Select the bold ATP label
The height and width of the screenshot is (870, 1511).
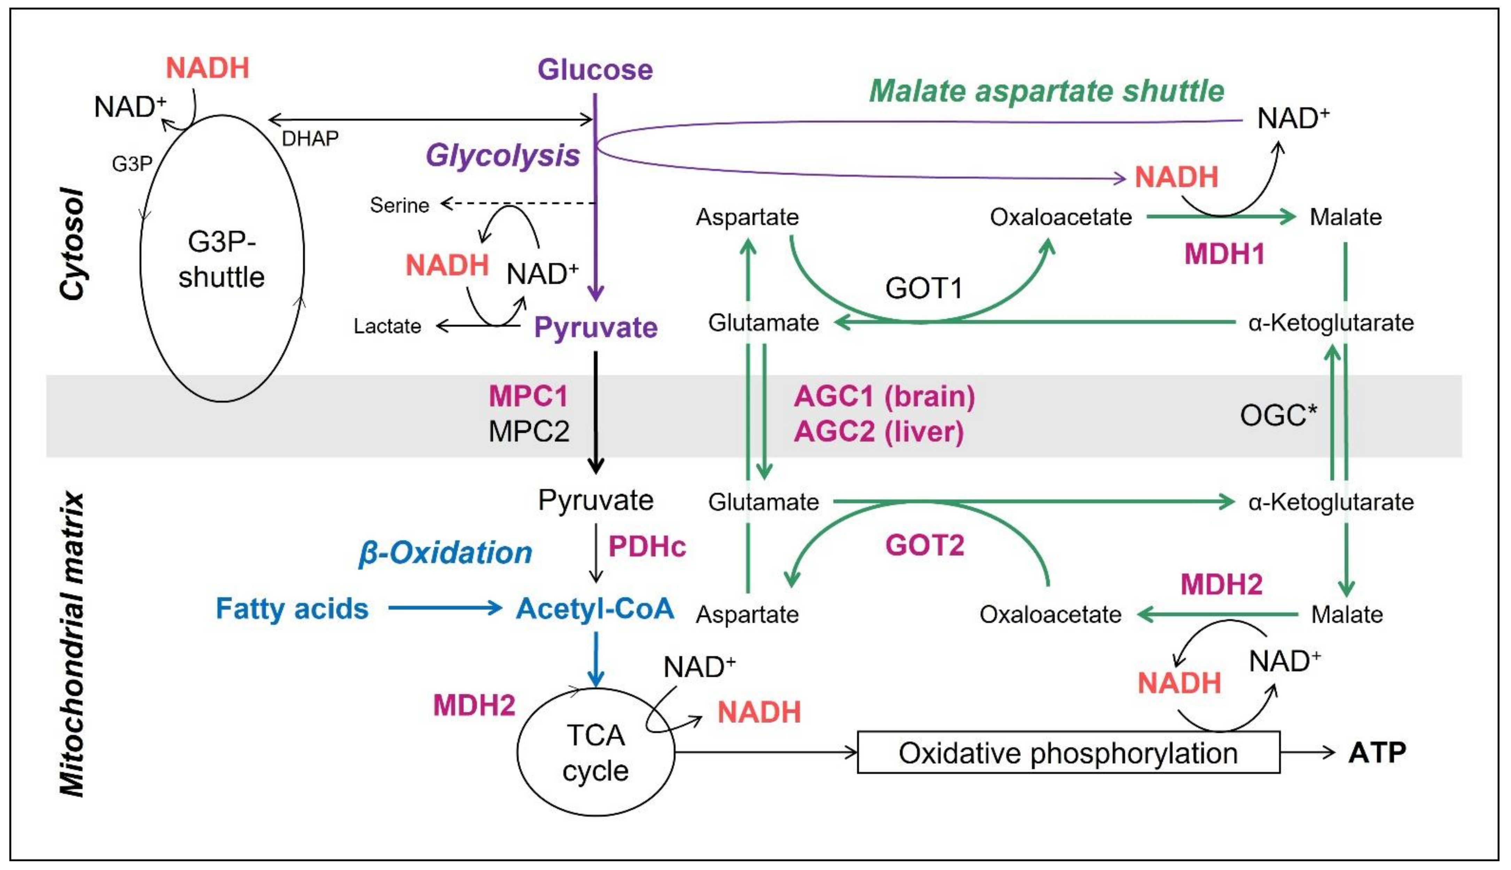tap(1377, 752)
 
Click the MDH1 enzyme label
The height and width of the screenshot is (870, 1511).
tap(1224, 254)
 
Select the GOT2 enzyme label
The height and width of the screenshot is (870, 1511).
tap(925, 545)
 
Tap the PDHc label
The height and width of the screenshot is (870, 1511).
tap(647, 546)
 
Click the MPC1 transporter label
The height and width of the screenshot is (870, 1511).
tap(528, 395)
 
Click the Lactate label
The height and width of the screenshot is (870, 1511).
tap(387, 326)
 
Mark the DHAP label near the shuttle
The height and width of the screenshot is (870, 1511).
tap(310, 139)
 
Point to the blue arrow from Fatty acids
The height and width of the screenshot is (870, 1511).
tap(445, 608)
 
